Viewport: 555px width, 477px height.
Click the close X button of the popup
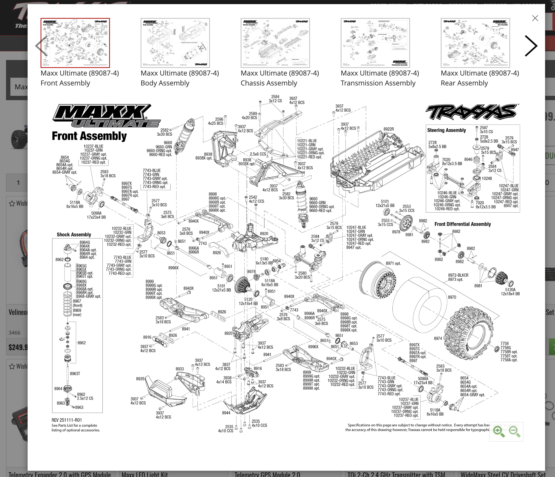tap(535, 18)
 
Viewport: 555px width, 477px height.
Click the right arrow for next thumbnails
tap(531, 46)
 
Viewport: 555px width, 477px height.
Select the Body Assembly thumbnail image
tap(175, 43)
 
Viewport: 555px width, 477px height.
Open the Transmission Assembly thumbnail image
tap(375, 43)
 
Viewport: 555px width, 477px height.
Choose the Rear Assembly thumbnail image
tap(475, 43)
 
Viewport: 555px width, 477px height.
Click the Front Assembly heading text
tap(89, 136)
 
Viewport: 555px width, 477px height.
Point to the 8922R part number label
tap(389, 129)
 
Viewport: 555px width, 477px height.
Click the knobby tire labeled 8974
tap(467, 334)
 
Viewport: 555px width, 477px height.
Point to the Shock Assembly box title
tap(74, 235)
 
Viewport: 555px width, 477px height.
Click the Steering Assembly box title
tap(447, 130)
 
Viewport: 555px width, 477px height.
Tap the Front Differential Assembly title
tap(462, 224)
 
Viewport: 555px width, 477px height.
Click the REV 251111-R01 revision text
tap(67, 420)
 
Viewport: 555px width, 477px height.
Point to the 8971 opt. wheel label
tap(393, 263)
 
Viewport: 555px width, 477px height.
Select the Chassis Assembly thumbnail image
tap(275, 43)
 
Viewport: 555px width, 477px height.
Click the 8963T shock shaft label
tap(75, 373)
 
